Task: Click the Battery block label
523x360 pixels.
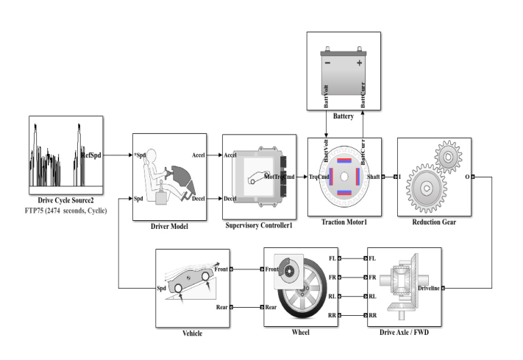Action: click(x=343, y=116)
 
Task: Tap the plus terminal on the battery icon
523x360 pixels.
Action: click(x=360, y=63)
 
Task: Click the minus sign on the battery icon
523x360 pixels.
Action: click(x=327, y=63)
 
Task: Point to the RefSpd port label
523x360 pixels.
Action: click(x=90, y=155)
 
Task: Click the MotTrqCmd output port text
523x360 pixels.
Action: click(x=280, y=177)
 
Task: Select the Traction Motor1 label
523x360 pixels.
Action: click(x=344, y=222)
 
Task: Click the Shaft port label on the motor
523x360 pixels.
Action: click(x=373, y=177)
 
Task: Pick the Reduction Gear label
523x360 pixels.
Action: click(x=434, y=222)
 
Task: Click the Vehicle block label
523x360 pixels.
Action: click(x=192, y=333)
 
